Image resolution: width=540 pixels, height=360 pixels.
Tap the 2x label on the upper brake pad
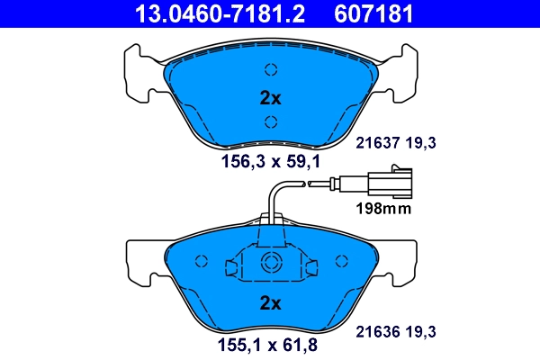coord(270,96)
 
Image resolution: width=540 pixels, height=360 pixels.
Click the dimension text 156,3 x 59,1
coord(270,162)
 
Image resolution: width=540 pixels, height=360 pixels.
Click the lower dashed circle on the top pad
coord(270,123)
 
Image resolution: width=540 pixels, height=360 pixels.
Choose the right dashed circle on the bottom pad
coord(339,260)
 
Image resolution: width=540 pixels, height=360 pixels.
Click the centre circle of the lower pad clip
coord(270,265)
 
